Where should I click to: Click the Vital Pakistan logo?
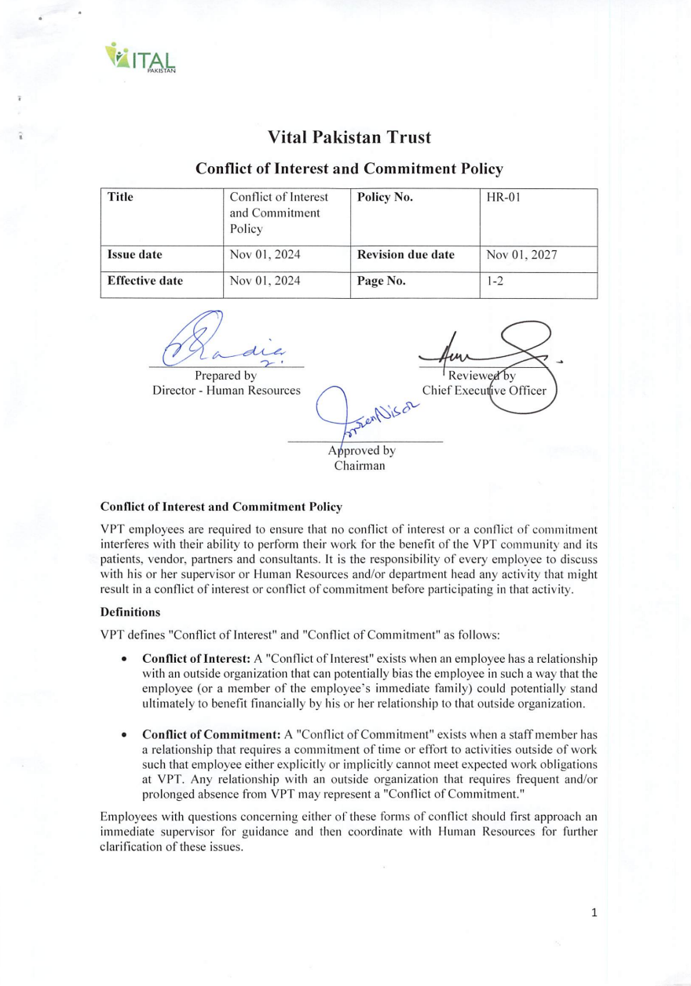(x=140, y=57)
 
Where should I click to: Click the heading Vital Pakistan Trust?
(x=349, y=137)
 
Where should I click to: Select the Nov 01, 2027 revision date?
(x=521, y=255)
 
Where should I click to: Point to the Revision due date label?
(x=405, y=255)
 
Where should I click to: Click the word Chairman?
(x=360, y=466)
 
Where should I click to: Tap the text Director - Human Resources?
(x=226, y=390)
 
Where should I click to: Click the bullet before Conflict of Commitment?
(x=125, y=736)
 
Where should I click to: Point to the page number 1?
(x=594, y=911)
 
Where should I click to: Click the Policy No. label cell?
(x=385, y=198)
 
